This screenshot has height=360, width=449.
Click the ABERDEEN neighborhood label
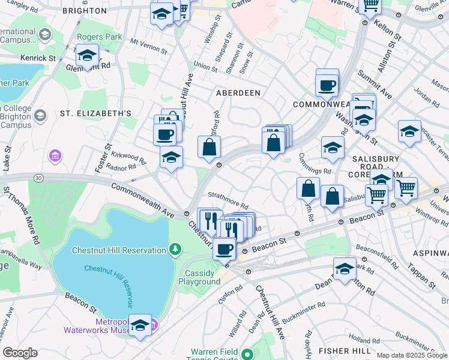[x=238, y=93]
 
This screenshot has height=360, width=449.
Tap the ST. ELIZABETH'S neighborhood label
[x=95, y=113]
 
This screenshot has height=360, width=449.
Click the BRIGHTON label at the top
[x=97, y=11]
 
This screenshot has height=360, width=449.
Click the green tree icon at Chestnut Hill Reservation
[x=175, y=248]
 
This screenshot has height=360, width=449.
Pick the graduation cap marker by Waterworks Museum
[x=140, y=326]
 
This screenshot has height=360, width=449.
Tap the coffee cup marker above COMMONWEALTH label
[x=327, y=85]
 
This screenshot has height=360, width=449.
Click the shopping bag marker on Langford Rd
[x=209, y=147]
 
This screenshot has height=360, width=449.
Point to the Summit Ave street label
[x=375, y=86]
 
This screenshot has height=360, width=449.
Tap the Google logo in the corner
[x=19, y=353]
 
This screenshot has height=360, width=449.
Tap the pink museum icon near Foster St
[x=55, y=156]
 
